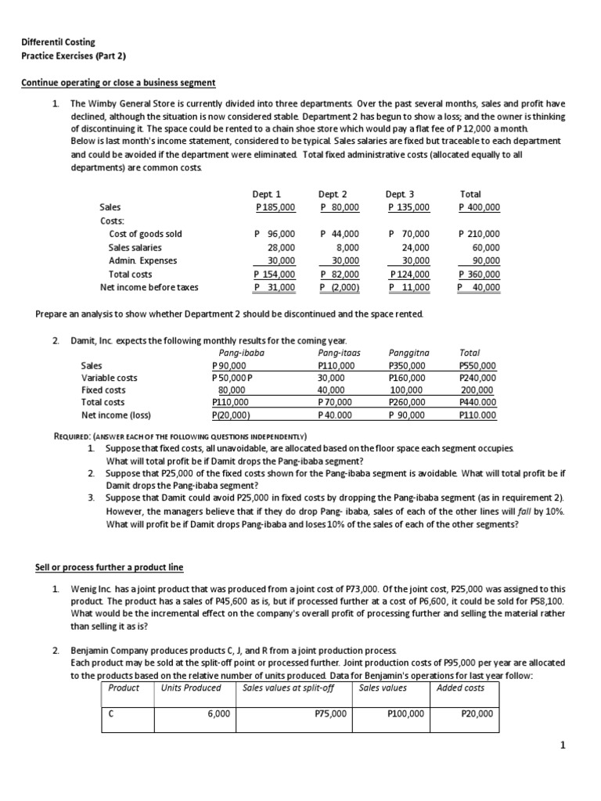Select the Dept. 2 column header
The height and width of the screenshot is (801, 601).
click(x=333, y=194)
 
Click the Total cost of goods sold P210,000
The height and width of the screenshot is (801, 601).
click(x=479, y=234)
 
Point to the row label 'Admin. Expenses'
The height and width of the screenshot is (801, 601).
click(x=142, y=260)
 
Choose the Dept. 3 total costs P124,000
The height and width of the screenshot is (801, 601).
click(x=409, y=275)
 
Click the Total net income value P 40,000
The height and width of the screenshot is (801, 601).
click(x=479, y=288)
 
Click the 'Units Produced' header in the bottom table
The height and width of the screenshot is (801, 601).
click(x=191, y=688)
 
